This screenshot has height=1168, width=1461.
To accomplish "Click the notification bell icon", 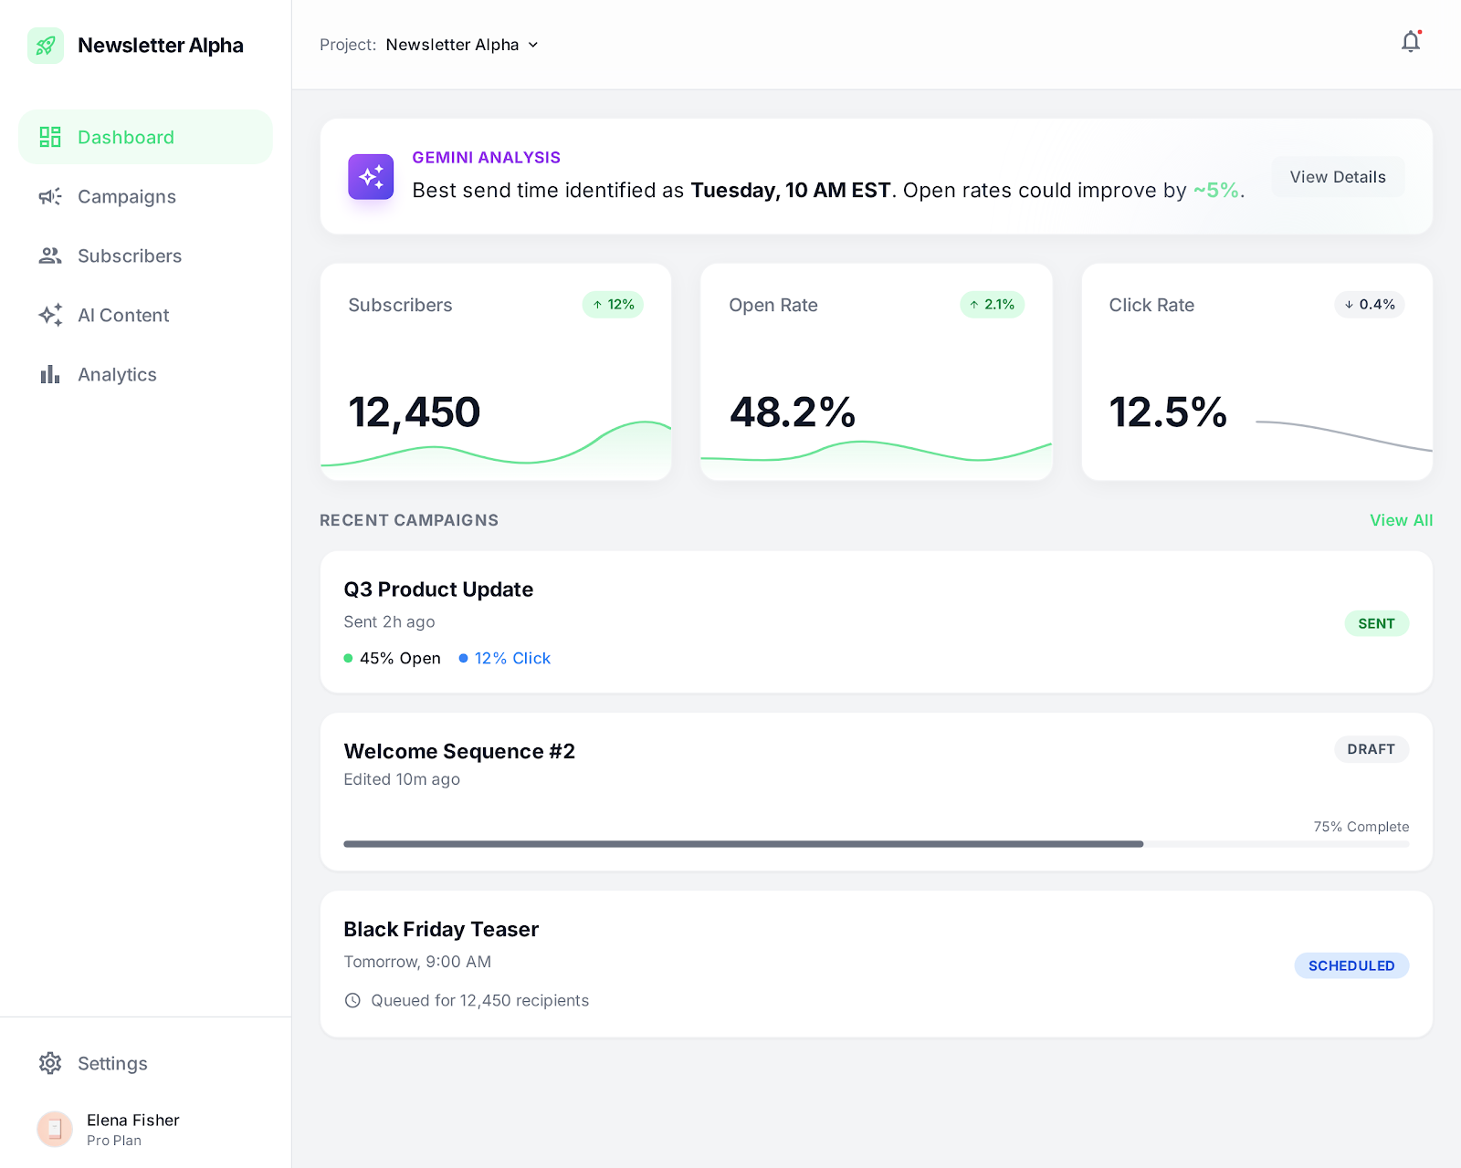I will tap(1411, 42).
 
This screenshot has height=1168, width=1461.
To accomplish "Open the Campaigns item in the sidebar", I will tap(126, 197).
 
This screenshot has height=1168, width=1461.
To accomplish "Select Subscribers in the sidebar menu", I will tap(129, 256).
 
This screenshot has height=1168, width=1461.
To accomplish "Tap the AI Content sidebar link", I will tap(123, 316).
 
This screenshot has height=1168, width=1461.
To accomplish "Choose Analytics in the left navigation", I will tap(117, 375).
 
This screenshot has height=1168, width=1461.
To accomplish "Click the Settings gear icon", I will tap(50, 1063).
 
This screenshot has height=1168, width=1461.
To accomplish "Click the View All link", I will tap(1401, 520).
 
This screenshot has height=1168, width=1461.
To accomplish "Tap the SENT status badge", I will tap(1376, 623).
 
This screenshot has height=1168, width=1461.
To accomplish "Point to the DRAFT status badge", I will tap(1371, 749).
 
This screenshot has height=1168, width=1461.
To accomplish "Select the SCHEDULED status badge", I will tap(1351, 965).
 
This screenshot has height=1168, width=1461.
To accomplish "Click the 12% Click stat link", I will tap(511, 659).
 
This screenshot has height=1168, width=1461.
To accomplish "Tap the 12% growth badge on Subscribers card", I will tap(613, 305).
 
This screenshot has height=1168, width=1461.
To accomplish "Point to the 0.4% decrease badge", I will tap(1369, 305).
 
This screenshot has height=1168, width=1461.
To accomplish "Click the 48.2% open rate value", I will tap(792, 412).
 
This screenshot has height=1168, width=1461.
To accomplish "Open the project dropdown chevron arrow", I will tap(533, 45).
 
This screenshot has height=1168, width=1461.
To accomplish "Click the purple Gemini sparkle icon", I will tap(371, 177).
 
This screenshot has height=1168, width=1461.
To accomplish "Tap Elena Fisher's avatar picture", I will tap(55, 1129).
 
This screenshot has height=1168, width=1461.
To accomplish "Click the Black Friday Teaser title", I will tap(441, 929).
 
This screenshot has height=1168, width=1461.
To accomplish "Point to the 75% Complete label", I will tap(1361, 827).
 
